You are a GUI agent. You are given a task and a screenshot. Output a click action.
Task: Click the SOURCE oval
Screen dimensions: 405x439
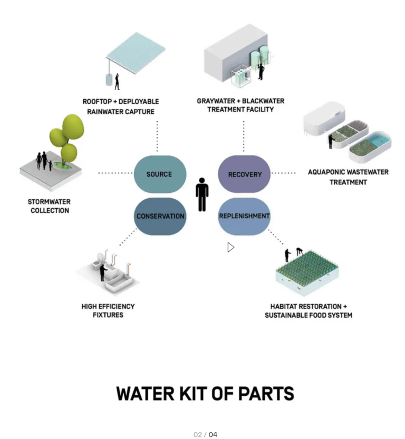coord(160,174)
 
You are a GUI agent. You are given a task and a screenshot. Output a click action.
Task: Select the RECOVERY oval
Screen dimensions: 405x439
coord(244,174)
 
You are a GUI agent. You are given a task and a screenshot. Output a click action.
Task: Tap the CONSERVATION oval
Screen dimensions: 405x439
coord(160,216)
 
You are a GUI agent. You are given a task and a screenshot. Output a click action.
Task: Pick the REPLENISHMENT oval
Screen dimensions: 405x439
coord(244,216)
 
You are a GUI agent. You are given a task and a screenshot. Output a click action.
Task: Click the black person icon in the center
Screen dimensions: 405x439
coord(202,194)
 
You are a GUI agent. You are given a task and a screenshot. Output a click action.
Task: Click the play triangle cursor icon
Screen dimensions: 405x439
coord(230,247)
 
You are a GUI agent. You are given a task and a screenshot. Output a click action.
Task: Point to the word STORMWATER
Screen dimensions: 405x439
coord(49,202)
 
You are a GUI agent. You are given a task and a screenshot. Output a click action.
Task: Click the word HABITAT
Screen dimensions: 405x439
coord(282,307)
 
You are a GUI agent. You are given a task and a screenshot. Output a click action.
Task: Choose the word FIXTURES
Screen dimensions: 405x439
coord(108,315)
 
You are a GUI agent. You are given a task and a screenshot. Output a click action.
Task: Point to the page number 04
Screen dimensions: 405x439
coord(213,434)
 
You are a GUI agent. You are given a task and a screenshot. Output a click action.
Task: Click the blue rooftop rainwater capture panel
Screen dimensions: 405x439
coord(136,53)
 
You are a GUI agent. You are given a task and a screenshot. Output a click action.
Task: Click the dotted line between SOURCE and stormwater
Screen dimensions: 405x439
coord(115,173)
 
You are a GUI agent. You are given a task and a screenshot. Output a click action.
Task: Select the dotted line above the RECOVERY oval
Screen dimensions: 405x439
coord(244,136)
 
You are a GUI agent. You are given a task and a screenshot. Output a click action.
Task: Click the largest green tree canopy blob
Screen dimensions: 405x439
coord(73,127)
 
